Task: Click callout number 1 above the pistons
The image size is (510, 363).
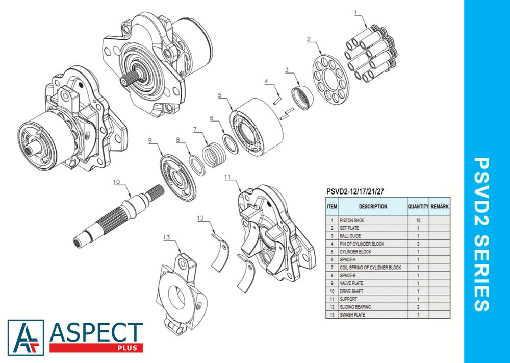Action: [x=355, y=12]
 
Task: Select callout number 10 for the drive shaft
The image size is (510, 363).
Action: [x=116, y=182]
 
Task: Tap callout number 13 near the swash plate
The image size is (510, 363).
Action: [x=167, y=237]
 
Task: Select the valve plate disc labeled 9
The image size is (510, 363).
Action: [x=177, y=178]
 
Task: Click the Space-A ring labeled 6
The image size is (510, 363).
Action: [x=231, y=143]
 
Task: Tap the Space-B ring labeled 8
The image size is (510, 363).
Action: [x=197, y=165]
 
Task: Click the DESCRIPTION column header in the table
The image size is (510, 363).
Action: [x=373, y=206]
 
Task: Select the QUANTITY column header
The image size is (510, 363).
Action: [x=418, y=206]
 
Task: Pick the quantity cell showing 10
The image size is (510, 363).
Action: [x=418, y=220]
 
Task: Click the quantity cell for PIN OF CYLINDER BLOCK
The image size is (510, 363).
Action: [x=418, y=244]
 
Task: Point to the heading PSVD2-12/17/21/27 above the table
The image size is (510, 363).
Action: [x=355, y=192]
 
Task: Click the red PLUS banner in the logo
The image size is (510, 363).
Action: [x=96, y=348]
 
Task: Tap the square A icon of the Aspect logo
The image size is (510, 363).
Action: [x=25, y=337]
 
